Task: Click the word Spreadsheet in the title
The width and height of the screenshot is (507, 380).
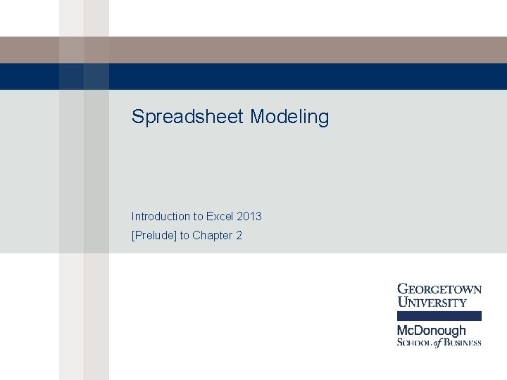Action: pos(187,117)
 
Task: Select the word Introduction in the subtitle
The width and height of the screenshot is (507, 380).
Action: pos(161,216)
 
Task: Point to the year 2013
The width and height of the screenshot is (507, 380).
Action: pos(250,216)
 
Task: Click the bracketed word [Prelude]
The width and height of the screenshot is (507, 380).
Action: pos(154,235)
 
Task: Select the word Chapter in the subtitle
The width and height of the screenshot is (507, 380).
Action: pos(213,235)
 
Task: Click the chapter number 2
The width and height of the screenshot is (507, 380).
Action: pos(239,235)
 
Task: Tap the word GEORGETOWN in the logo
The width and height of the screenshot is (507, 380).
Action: pos(440,289)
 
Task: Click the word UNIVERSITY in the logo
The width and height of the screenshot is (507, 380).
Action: pos(432,303)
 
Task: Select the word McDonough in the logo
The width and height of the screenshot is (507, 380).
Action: pos(432,330)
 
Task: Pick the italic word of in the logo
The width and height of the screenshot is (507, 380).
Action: pos(439,343)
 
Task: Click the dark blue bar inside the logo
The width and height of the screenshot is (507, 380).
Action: pos(439,316)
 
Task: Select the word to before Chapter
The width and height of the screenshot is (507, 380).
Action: pos(184,235)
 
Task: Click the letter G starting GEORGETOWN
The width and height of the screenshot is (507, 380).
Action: pos(403,289)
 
